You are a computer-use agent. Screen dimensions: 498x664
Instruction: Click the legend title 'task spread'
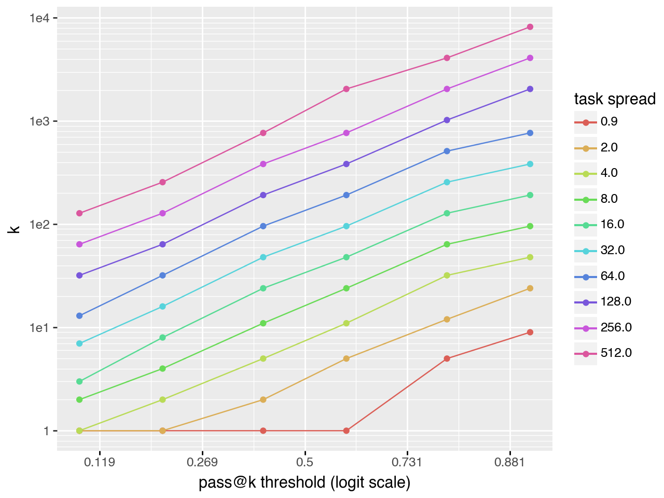(x=615, y=99)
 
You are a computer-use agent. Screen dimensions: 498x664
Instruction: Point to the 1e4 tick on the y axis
(x=39, y=18)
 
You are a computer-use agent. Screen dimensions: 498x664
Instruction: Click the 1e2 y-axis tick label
(x=39, y=225)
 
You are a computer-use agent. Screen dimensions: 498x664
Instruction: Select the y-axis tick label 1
(x=47, y=431)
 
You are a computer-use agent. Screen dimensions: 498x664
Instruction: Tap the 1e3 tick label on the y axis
(x=39, y=121)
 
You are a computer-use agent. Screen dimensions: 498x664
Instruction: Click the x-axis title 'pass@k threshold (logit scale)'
(x=305, y=482)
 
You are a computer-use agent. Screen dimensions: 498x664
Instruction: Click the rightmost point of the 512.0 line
(x=530, y=27)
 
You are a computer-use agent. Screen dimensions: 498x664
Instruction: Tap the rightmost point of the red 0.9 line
(x=530, y=333)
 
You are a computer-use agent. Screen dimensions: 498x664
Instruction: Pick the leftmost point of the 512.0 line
(x=79, y=213)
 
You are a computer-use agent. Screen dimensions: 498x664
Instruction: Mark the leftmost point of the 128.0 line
(x=79, y=275)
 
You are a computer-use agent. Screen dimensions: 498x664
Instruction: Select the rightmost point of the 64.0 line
(x=530, y=133)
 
